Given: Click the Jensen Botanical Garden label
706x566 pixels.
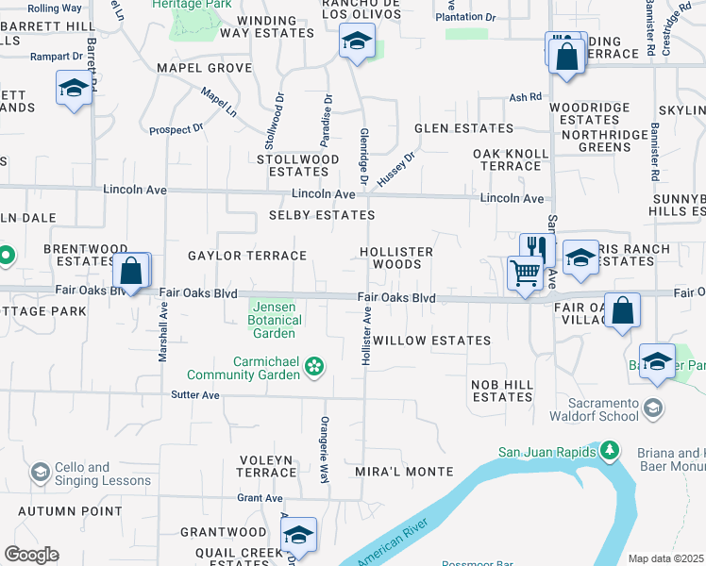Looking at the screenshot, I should [x=274, y=320].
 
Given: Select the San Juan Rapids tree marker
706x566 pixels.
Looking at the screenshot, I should [x=610, y=452].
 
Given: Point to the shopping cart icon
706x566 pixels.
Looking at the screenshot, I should [x=525, y=274].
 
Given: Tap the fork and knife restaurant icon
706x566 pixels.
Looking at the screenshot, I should [x=534, y=247].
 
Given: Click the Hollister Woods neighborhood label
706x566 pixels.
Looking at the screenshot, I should [x=396, y=258].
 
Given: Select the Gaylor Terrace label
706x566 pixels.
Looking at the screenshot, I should [x=247, y=256].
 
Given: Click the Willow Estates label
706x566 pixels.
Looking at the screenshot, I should [x=431, y=340].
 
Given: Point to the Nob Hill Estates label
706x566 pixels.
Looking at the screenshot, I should [x=503, y=391].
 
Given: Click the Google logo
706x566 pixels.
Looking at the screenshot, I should [x=31, y=555].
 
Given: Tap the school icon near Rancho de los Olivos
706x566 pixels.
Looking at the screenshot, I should [x=357, y=41].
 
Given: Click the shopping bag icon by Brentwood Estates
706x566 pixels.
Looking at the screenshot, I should [x=132, y=271].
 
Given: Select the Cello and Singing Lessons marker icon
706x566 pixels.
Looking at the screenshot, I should [x=40, y=471].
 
